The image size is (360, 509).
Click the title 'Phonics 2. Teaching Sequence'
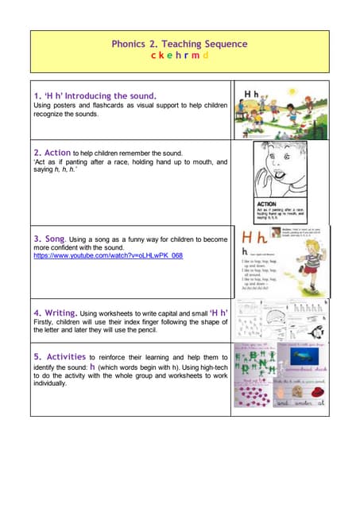pyautogui.click(x=179, y=45)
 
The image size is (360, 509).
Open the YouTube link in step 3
pyautogui.click(x=108, y=256)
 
